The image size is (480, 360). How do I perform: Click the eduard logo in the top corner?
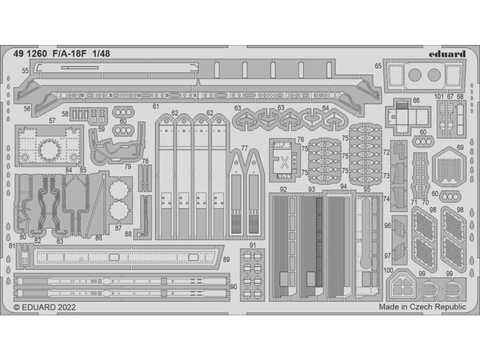447,53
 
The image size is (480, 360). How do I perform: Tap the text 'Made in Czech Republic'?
422,307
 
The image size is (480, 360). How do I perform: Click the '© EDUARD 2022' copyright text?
45,307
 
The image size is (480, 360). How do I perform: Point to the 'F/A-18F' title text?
67,53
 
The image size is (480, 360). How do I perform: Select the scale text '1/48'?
101,53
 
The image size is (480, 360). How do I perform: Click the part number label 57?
52,120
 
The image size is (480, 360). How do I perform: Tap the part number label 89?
226,259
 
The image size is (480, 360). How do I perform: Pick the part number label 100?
388,270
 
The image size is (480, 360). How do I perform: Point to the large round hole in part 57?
49,150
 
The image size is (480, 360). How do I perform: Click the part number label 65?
378,66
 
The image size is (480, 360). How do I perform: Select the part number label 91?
253,245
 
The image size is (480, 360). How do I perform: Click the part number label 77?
244,148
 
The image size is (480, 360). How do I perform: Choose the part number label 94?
344,186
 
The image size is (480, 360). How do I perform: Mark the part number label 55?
25,70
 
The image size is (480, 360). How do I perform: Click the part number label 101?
439,97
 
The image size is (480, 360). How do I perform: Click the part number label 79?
127,165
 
